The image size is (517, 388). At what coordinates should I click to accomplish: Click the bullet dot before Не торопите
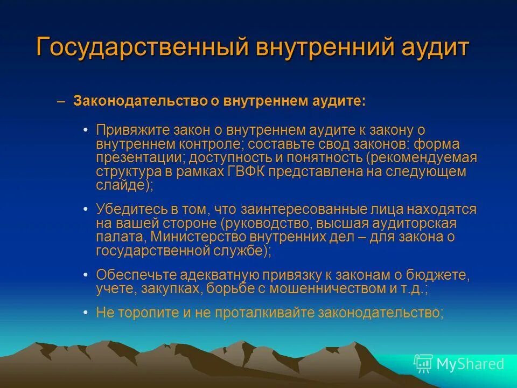[87, 313]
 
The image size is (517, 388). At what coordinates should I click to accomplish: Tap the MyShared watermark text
[470, 364]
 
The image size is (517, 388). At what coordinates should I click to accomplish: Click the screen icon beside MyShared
[423, 364]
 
